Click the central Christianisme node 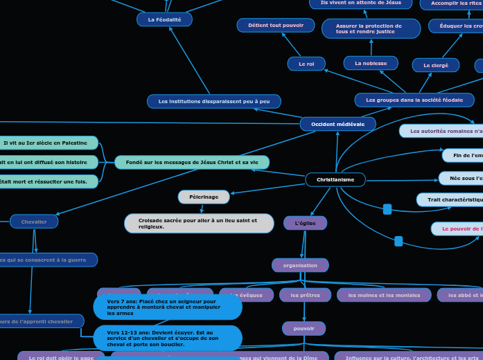pos(335,180)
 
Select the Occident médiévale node pos(337,124)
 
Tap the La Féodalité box pos(164,19)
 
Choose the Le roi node pos(306,64)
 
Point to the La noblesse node pos(371,63)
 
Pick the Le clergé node pos(435,65)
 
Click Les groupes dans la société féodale pos(414,100)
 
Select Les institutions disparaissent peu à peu pos(213,102)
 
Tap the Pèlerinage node pos(204,197)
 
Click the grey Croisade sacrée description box pos(199,224)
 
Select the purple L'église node pos(305,223)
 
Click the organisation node pos(300,265)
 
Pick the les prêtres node pos(305,296)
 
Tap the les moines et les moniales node pos(384,296)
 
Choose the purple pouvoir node pos(304,328)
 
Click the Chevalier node pos(34,222)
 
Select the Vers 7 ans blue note pos(168,307)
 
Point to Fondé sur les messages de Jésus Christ pos(192,162)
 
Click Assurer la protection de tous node pos(371,28)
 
